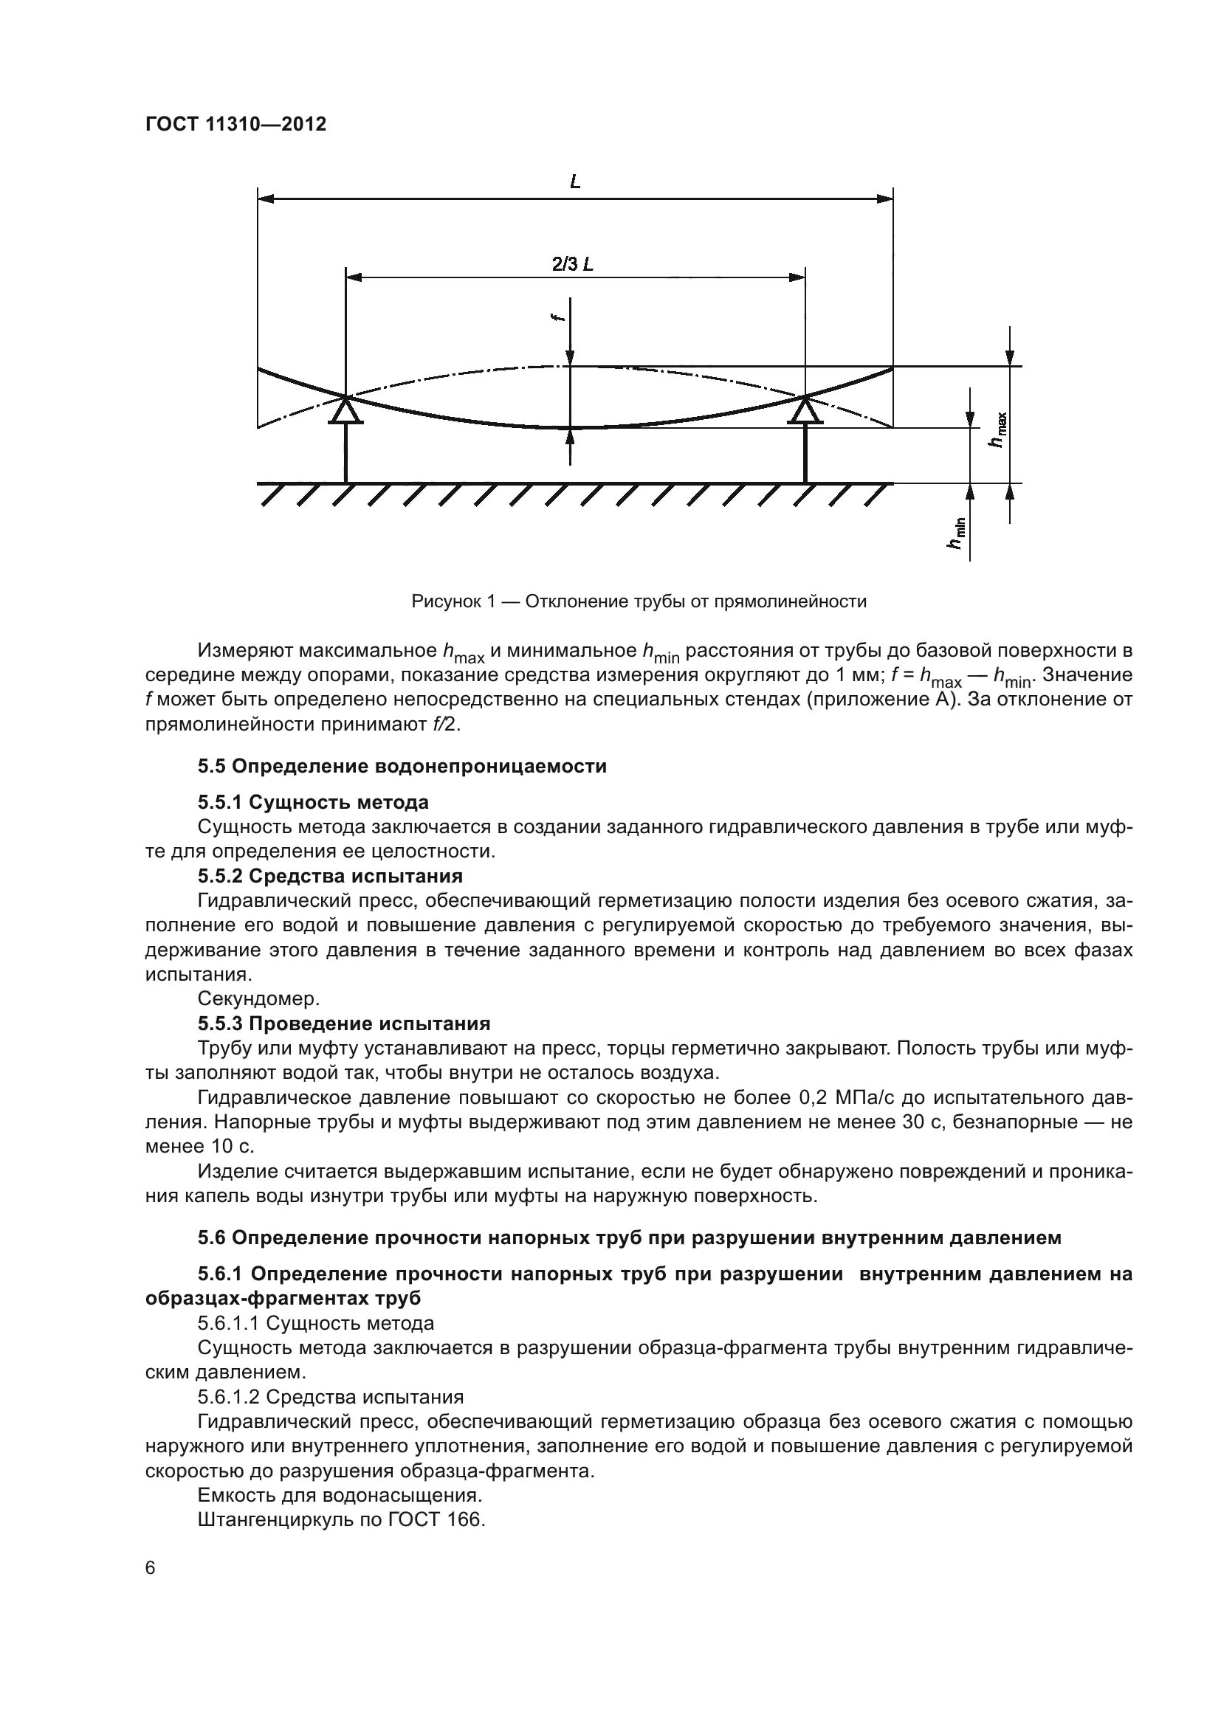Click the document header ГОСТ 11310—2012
(x=235, y=125)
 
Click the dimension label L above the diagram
(x=575, y=182)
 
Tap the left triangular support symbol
(x=345, y=411)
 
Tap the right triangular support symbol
(x=805, y=411)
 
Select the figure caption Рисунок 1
(x=639, y=601)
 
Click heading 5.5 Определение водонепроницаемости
(x=402, y=766)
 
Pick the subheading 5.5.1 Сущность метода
(x=313, y=802)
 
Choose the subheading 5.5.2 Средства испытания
(x=330, y=876)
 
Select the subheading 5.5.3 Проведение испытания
(x=343, y=1023)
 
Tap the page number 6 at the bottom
(x=151, y=1567)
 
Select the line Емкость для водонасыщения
(x=340, y=1494)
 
